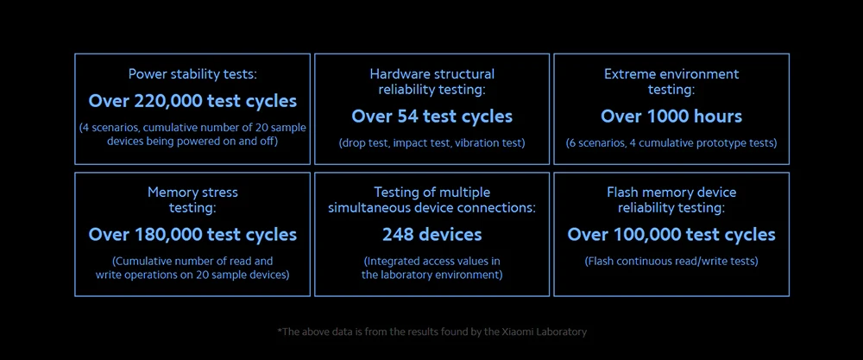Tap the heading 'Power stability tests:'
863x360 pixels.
coord(192,74)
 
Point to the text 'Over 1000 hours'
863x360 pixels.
coord(671,116)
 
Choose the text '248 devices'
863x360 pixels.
coord(431,234)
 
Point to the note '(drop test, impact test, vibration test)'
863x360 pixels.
coord(431,142)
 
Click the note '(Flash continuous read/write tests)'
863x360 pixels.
coord(671,261)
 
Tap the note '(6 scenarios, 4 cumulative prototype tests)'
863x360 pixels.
coord(671,142)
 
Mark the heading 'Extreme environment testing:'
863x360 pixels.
coord(671,81)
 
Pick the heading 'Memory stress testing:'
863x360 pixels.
coord(192,199)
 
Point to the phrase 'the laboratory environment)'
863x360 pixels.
coord(431,275)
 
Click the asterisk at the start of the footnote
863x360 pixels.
coord(280,331)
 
